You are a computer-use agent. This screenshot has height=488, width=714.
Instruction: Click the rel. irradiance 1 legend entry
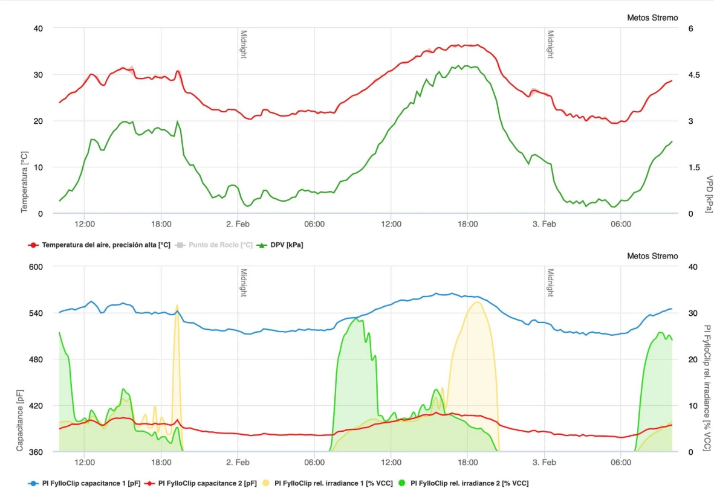tap(333, 483)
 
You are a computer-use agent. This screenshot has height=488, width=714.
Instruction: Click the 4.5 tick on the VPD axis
tap(693, 75)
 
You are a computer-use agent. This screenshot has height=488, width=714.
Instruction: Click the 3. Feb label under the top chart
tap(544, 224)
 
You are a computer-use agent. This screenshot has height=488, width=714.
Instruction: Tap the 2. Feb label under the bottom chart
tap(238, 463)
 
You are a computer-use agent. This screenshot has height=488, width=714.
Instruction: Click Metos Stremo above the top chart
tap(652, 18)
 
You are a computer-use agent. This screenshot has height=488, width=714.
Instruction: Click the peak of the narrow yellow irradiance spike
tap(177, 306)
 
